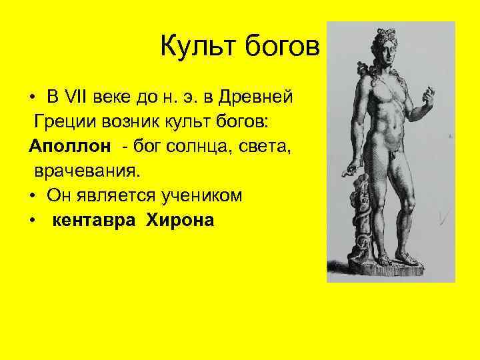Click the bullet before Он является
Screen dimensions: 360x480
(32, 196)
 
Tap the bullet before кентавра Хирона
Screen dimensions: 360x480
(32, 221)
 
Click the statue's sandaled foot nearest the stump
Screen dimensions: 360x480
(385, 259)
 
